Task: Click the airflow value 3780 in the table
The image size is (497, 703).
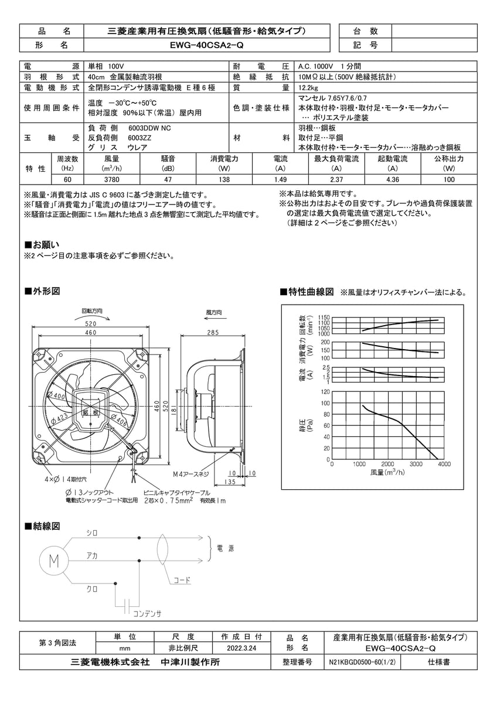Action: pos(112,180)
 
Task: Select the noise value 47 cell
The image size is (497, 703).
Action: pos(168,180)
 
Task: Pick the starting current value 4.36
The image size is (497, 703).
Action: pos(393,180)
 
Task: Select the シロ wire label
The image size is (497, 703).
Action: pos(91,533)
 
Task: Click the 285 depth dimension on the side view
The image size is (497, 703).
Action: pos(212,333)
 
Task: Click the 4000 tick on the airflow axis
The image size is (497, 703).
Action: pos(444,464)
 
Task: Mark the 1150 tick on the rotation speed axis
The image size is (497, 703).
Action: pos(325,318)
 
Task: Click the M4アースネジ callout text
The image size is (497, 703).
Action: pos(190,473)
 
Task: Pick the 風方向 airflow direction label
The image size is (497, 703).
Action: pos(214,313)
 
